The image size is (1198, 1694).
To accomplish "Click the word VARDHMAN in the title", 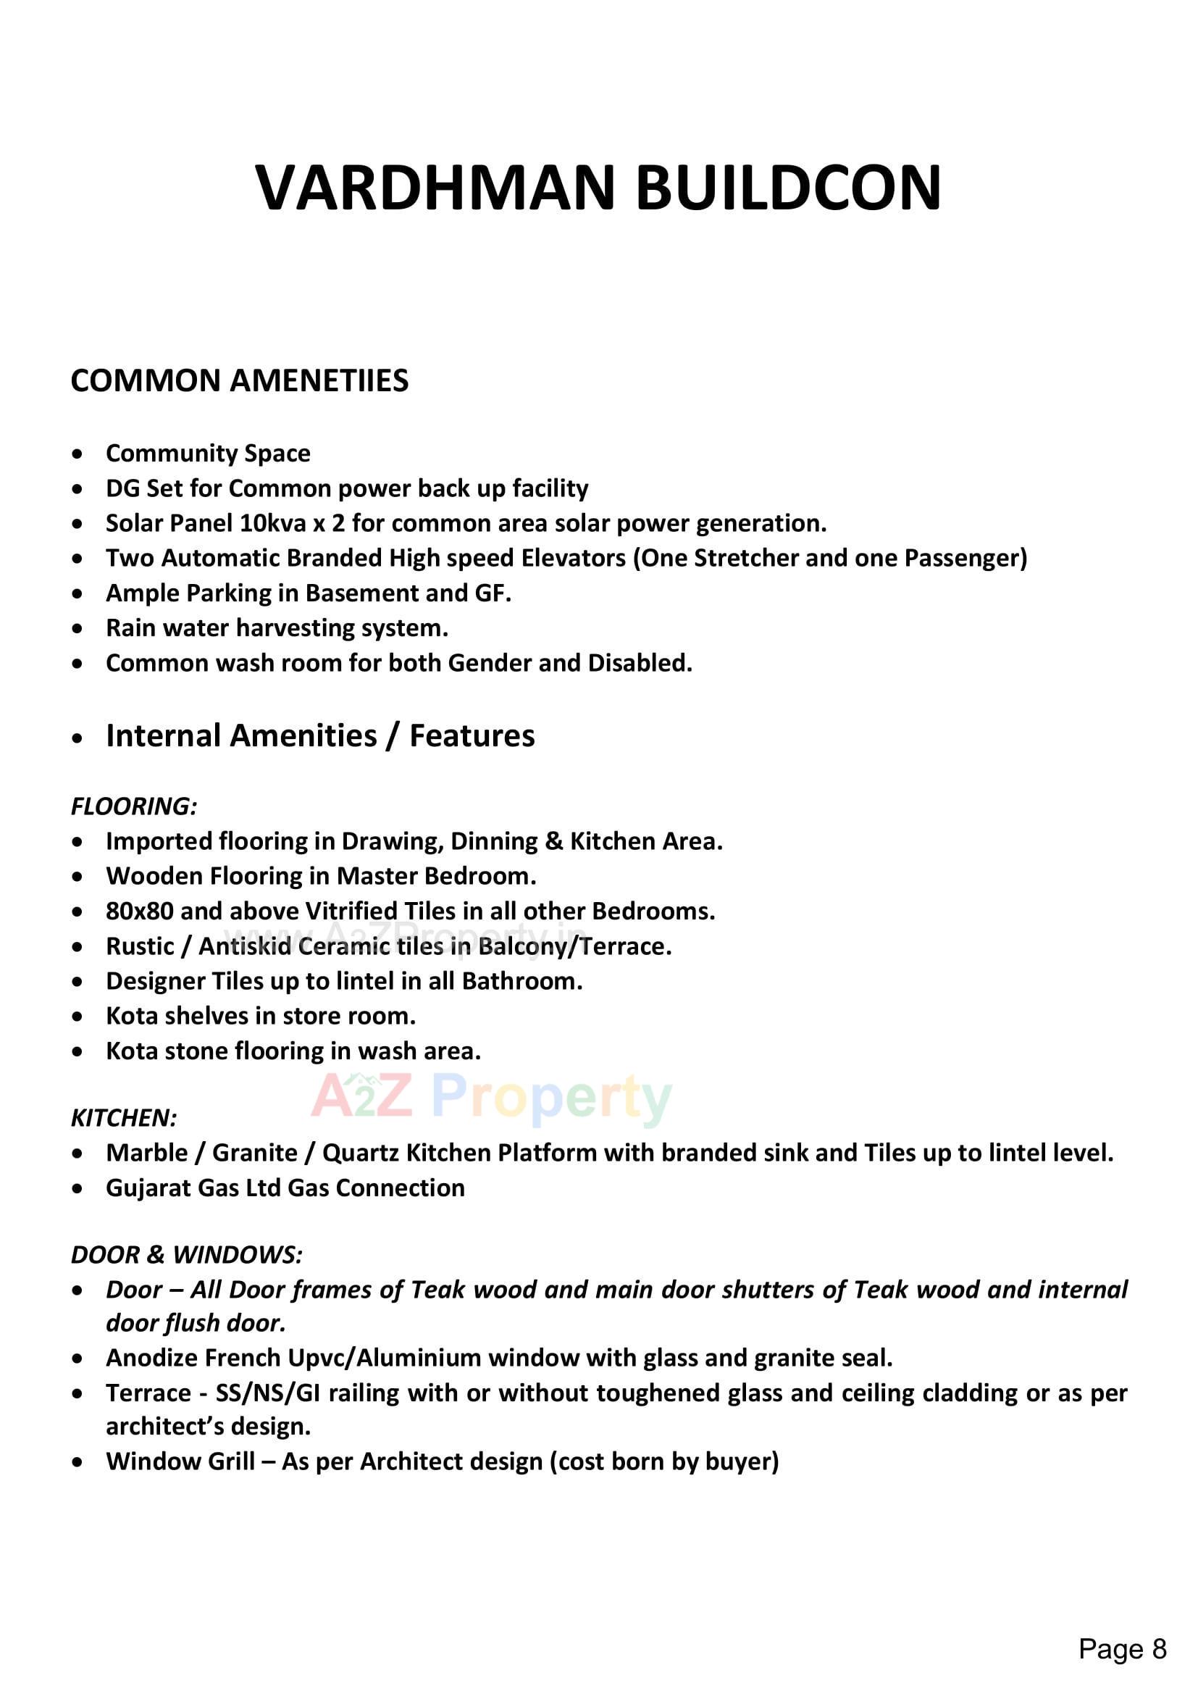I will (x=435, y=188).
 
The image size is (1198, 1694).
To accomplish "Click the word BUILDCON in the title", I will (x=788, y=188).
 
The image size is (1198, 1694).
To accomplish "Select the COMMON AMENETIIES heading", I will (x=239, y=380).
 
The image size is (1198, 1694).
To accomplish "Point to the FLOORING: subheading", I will (x=133, y=806).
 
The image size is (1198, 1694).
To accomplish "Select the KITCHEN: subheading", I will (x=123, y=1119).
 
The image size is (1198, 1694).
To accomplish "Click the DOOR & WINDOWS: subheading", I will (x=186, y=1255).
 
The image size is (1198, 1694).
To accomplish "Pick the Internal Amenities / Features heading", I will (x=320, y=736).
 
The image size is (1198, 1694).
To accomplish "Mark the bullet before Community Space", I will (x=78, y=454).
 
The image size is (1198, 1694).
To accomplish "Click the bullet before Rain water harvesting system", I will (x=78, y=630).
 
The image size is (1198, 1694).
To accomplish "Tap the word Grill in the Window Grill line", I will (x=228, y=1461).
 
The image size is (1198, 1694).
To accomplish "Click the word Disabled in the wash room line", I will (x=639, y=663).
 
